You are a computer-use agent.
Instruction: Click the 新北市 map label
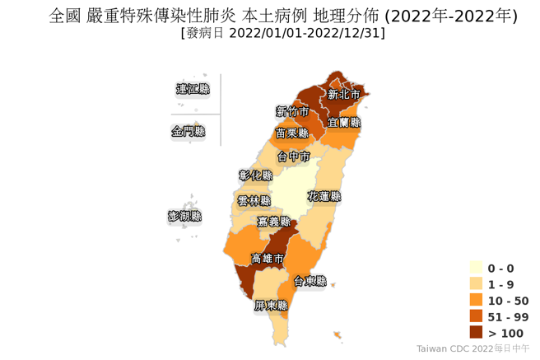click(343, 95)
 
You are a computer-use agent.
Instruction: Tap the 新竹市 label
click(292, 111)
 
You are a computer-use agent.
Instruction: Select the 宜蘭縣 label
click(344, 122)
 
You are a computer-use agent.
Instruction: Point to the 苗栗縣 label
click(291, 133)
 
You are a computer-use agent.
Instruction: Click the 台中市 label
click(294, 156)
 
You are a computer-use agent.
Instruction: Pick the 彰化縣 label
click(255, 175)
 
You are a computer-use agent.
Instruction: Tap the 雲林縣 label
click(254, 200)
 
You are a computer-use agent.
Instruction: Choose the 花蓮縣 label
click(324, 197)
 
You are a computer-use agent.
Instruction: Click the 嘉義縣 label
click(273, 222)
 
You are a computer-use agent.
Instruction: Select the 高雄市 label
click(268, 259)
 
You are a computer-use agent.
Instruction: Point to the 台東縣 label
click(310, 281)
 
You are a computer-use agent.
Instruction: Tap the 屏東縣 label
click(271, 305)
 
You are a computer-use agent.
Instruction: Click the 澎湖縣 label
click(184, 216)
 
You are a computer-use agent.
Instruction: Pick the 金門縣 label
click(188, 131)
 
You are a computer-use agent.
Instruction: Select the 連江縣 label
click(193, 89)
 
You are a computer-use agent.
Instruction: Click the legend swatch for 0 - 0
click(476, 268)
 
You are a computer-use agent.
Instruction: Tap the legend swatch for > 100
click(476, 332)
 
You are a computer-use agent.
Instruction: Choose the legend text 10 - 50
click(508, 301)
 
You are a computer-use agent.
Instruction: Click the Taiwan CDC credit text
click(473, 348)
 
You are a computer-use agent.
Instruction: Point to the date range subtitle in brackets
click(282, 33)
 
